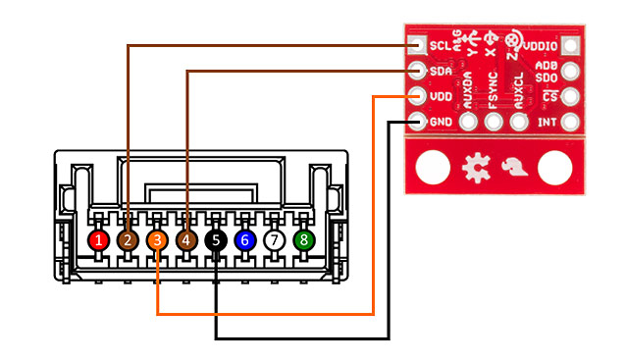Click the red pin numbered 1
click(98, 238)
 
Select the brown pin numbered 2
click(128, 238)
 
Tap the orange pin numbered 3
click(157, 238)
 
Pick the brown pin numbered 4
click(186, 238)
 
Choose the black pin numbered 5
click(216, 238)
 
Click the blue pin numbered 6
click(245, 238)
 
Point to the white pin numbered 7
click(275, 238)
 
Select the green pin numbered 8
click(304, 238)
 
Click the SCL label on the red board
click(440, 45)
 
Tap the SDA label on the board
click(441, 71)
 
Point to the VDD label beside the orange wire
click(441, 97)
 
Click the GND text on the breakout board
click(441, 123)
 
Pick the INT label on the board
click(547, 123)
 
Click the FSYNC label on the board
click(494, 90)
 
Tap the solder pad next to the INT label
click(571, 123)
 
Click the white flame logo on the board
click(514, 169)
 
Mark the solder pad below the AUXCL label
click(520, 123)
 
